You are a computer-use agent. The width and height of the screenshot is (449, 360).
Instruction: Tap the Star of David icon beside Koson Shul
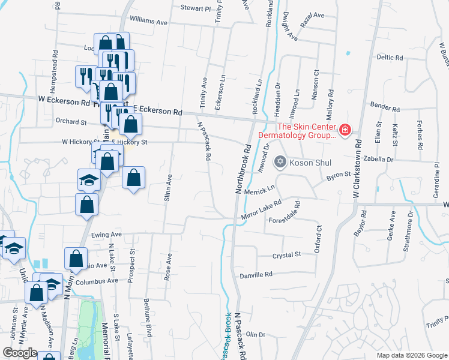tap(280, 161)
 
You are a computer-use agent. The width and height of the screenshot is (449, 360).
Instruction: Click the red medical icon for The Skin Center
tap(345, 130)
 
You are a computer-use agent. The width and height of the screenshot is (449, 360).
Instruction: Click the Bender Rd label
tap(385, 109)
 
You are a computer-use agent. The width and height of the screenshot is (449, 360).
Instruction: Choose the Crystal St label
tap(286, 255)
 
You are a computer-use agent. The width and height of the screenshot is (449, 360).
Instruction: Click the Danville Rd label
tap(256, 274)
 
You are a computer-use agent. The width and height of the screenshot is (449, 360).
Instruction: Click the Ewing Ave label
tap(107, 234)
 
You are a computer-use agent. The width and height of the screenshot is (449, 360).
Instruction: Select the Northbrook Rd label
tap(242, 168)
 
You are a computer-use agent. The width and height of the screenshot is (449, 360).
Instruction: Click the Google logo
tap(20, 353)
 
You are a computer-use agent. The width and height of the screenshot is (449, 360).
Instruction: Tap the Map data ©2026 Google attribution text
tap(412, 355)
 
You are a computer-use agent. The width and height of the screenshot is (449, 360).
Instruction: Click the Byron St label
tap(338, 175)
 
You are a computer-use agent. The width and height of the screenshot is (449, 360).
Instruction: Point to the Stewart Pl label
tap(196, 9)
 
